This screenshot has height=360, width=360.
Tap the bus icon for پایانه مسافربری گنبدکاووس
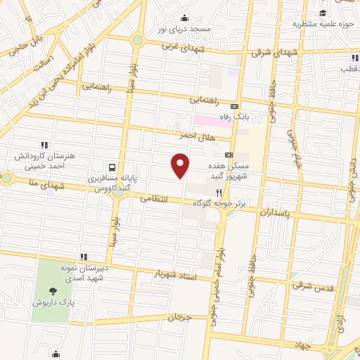click(112, 167)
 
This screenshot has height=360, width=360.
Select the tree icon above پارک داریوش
click(53, 290)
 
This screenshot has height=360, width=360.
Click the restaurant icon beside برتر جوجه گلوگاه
click(219, 192)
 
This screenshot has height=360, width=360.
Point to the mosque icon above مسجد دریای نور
click(184, 18)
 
